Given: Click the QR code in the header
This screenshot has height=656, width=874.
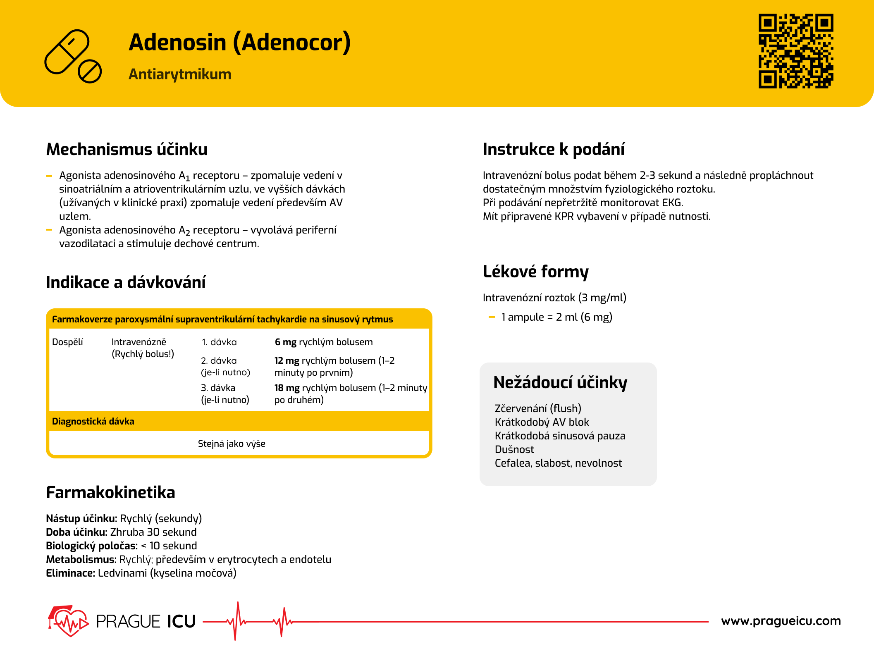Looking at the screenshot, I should (x=795, y=51).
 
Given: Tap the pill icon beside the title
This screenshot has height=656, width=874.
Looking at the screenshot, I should (x=73, y=56).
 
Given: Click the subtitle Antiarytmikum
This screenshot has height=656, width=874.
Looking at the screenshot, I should (x=180, y=74).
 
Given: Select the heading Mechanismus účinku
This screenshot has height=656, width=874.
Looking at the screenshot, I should (x=127, y=149).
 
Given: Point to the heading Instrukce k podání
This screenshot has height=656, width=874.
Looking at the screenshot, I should (x=553, y=149).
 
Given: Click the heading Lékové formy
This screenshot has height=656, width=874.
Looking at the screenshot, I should (x=535, y=272).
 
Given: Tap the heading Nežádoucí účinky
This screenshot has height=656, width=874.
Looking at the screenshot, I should (x=560, y=382).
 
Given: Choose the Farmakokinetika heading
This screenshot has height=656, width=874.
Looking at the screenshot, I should (x=110, y=492).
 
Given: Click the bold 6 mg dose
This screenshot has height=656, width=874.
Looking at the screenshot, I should (x=285, y=342).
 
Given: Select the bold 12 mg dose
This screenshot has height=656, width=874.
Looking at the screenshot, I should (x=287, y=361).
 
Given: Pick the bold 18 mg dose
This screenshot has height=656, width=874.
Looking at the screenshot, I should (x=287, y=388).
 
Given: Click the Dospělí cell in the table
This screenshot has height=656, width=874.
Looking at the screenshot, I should (x=67, y=342).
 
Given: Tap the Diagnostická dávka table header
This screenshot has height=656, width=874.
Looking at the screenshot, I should (x=93, y=422).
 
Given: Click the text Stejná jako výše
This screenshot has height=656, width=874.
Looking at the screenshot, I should (x=232, y=444).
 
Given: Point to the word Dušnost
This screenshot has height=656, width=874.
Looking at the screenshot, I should (x=514, y=449).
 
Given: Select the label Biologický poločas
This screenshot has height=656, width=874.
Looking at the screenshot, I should (x=91, y=546).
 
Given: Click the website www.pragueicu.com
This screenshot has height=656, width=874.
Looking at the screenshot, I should (x=781, y=621).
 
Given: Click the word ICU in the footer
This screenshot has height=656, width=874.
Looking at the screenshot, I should (x=181, y=622).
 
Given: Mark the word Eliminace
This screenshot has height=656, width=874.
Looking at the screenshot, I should (x=70, y=573).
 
